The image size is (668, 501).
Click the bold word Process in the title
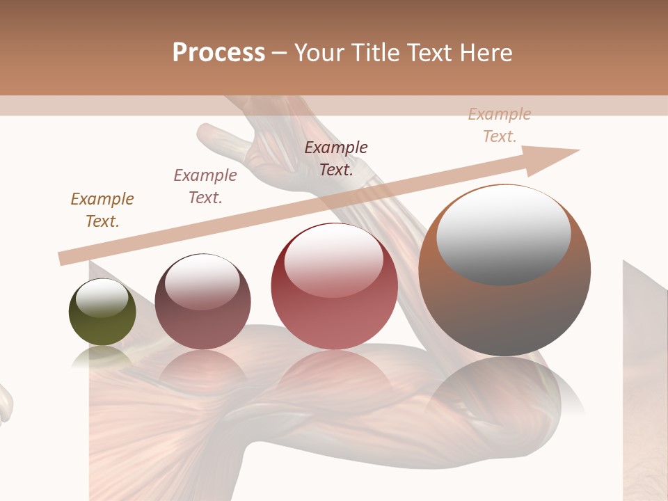[218, 53]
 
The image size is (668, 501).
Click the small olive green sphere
[102, 312]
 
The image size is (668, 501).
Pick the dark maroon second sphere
[202, 302]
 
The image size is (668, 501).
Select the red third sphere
[334, 287]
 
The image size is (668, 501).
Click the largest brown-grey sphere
[504, 270]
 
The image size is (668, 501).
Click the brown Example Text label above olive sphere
[102, 210]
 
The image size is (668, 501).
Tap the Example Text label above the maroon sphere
[205, 186]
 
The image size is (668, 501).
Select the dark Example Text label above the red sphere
[336, 158]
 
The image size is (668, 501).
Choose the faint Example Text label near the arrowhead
[499, 125]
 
